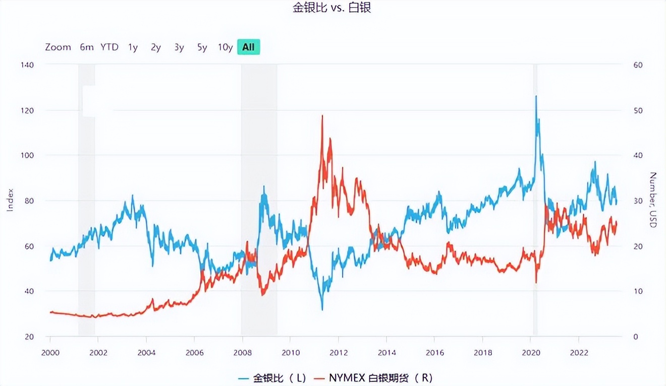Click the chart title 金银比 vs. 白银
point(332,8)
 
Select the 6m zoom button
point(87,47)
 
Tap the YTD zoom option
point(109,47)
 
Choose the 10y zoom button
point(225,47)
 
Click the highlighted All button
point(248,47)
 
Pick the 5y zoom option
point(202,47)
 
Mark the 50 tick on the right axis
point(638,110)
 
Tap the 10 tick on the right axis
point(638,291)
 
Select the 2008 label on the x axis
point(243,352)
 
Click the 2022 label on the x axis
point(579,352)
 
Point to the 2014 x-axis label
point(386,352)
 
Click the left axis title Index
point(10,200)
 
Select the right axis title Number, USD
point(653,200)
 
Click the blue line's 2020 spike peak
point(536,96)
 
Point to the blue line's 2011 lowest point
point(322,309)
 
